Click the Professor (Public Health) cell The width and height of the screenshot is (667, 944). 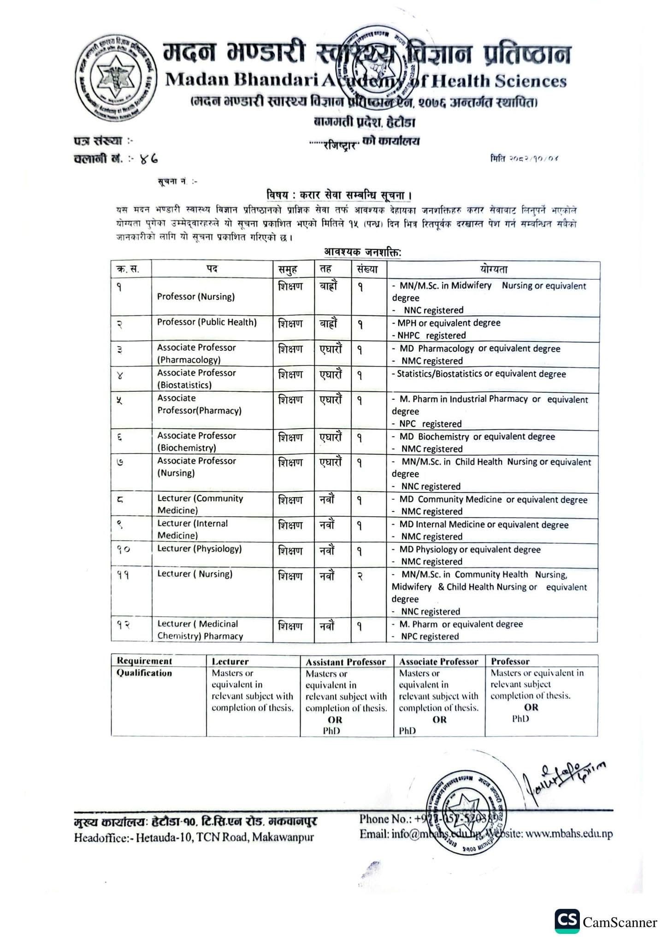[207, 322]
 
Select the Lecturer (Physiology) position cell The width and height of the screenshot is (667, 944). [199, 549]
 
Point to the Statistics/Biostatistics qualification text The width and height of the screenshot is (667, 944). [481, 374]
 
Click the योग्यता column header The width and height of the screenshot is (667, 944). [493, 270]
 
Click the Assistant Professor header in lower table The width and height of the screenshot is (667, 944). [346, 662]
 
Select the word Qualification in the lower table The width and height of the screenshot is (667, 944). [144, 673]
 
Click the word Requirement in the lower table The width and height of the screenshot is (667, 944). [144, 661]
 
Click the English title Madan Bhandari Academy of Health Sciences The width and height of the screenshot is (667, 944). [366, 81]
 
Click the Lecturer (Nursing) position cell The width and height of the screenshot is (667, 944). [195, 574]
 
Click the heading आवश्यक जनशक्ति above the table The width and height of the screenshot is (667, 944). [362, 252]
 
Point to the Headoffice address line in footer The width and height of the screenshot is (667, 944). [194, 837]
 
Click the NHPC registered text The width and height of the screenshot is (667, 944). [431, 336]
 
